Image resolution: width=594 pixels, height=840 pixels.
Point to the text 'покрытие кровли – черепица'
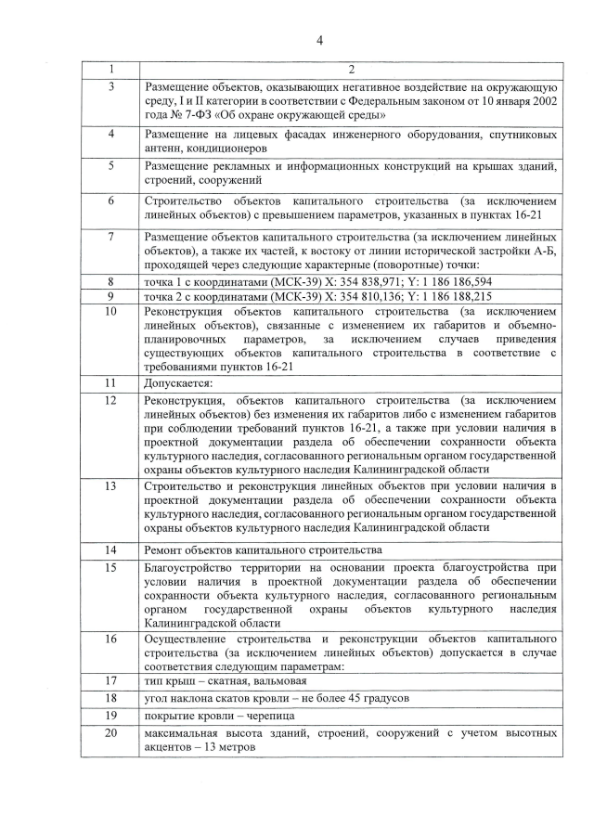click(x=218, y=716)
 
